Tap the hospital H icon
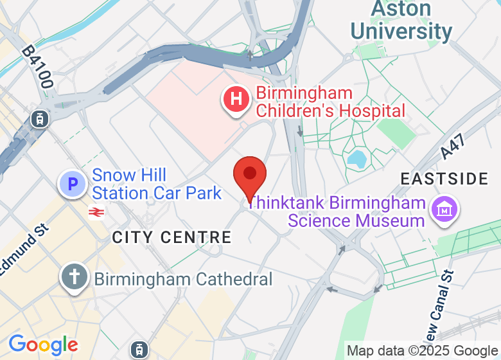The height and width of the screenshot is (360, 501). tap(236, 100)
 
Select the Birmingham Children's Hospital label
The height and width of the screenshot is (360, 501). tap(330, 102)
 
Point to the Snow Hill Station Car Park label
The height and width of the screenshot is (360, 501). tap(157, 184)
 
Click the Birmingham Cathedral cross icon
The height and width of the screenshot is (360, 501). tap(75, 278)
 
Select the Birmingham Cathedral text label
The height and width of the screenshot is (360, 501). tap(183, 279)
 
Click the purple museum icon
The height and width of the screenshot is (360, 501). tap(444, 210)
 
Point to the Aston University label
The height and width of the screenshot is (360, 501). tap(401, 21)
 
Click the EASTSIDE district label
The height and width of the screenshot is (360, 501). tap(444, 179)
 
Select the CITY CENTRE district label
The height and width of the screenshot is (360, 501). tap(171, 237)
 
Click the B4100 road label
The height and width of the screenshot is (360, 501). tap(37, 67)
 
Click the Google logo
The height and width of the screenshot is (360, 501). tap(43, 345)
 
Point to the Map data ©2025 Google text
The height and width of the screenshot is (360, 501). tap(422, 351)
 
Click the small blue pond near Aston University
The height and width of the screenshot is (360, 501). tap(356, 157)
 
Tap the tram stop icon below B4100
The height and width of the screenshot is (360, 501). tap(40, 118)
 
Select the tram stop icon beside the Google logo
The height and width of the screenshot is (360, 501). tap(138, 350)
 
